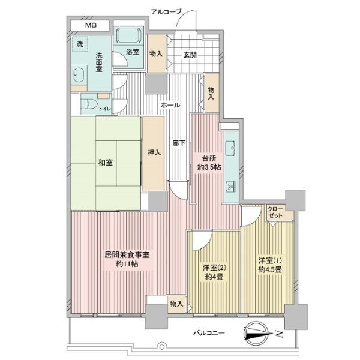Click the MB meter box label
(x=91, y=25)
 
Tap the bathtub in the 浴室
(x=128, y=35)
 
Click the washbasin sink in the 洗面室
(x=79, y=75)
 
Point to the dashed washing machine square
(x=80, y=44)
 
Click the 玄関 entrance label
(x=190, y=55)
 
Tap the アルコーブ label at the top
(x=166, y=12)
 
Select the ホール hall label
(x=170, y=105)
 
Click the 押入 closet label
(x=154, y=152)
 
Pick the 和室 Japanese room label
(x=106, y=163)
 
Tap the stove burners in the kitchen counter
(x=230, y=186)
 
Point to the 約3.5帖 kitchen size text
(x=209, y=167)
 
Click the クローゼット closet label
(x=275, y=212)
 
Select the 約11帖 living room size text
(x=127, y=264)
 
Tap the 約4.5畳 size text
(x=270, y=269)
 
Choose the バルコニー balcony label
(x=209, y=332)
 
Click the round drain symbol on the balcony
(x=161, y=346)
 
